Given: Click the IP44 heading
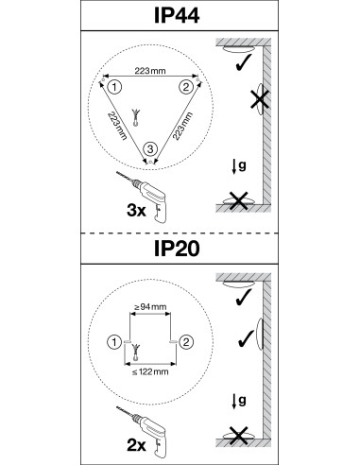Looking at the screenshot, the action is coord(177,15).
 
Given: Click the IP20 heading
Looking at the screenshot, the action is coord(177,249).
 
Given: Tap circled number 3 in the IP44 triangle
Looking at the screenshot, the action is coord(150,148).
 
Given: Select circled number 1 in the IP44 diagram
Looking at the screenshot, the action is coord(114,87).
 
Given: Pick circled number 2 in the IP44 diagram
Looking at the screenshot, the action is coord(186,87).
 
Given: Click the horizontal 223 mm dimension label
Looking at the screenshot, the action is coord(150,71).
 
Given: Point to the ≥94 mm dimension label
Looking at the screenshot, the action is coord(150,306).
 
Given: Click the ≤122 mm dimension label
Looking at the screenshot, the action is coord(150,371).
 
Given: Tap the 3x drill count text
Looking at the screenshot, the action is coord(136,210).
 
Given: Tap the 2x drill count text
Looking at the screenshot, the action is coord(136,445).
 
